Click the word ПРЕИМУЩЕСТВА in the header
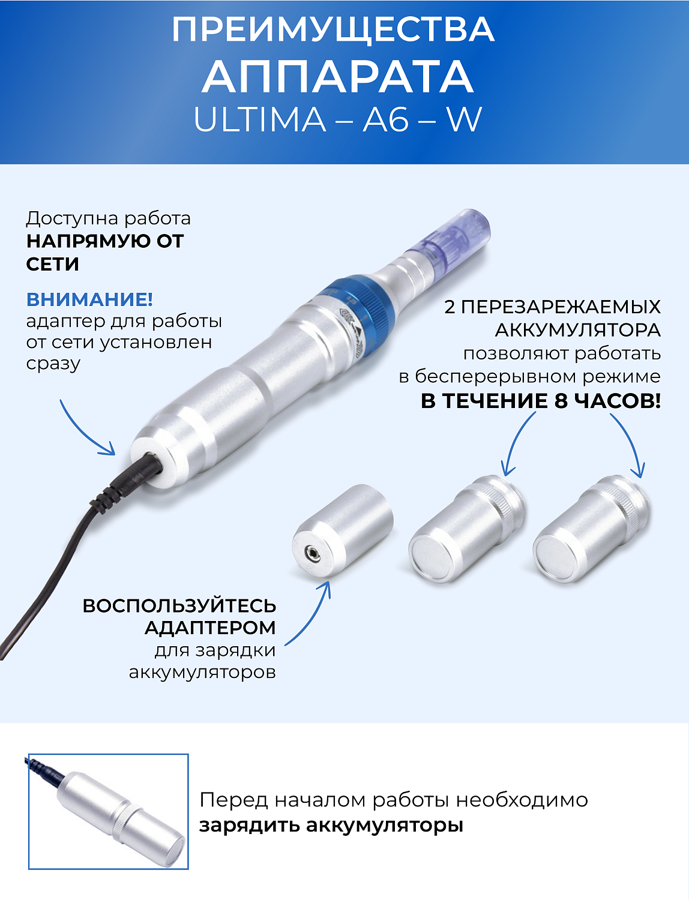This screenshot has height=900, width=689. [333, 30]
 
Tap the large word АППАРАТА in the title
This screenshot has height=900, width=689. [338, 77]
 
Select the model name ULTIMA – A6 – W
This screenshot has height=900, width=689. [337, 120]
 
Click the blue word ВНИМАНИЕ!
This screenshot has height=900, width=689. [89, 299]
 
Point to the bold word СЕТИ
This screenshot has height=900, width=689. [53, 264]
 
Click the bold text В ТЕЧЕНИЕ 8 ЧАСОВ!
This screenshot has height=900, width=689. [540, 401]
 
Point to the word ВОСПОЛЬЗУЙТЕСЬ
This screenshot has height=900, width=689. [179, 606]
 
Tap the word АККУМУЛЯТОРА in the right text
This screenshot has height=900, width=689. [577, 330]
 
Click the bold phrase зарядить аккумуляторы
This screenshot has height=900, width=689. [331, 825]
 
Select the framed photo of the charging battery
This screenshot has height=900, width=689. [109, 811]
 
